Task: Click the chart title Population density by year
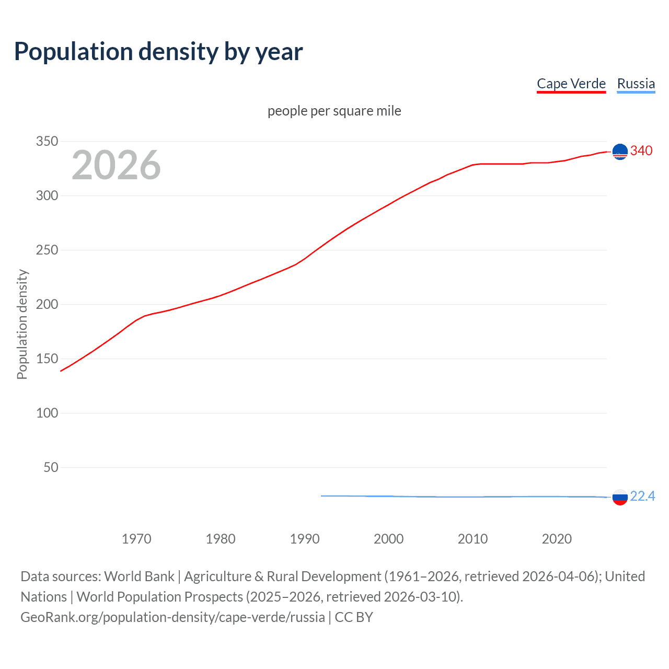coord(158,52)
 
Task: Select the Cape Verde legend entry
coord(571,84)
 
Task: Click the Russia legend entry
coord(636,84)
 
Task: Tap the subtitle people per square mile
coord(334,111)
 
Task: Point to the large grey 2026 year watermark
coord(116,165)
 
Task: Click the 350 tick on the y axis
coord(47,141)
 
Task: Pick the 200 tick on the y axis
coord(47,304)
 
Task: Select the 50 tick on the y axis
coord(51,467)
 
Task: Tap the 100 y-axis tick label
coord(47,413)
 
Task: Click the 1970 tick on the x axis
coord(136,538)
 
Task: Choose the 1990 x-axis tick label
coord(305,538)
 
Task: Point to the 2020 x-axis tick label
coord(557,538)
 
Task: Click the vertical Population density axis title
coord(22,324)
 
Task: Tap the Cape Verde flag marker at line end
coord(620,152)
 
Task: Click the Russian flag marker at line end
coord(620,497)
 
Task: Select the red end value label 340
coord(641,151)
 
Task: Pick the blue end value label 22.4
coord(642,496)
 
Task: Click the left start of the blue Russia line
coord(322,495)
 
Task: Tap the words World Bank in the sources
coord(139,576)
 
